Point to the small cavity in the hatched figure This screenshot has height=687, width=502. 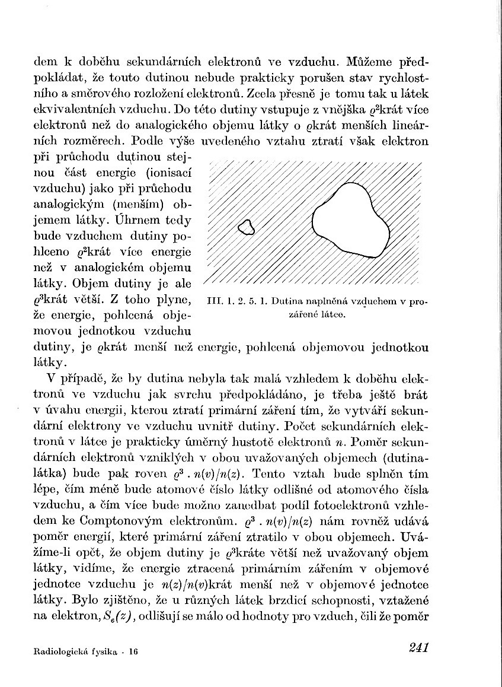[245, 227]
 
